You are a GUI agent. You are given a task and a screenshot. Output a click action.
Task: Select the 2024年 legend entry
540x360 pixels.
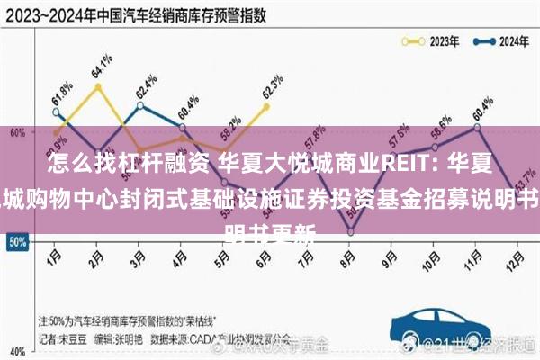[x=499, y=40]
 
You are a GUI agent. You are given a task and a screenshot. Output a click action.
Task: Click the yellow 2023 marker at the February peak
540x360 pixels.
[x=97, y=85]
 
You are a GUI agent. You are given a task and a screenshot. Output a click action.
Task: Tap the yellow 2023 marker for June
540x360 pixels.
[x=266, y=106]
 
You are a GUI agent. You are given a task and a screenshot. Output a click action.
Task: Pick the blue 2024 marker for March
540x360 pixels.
[x=139, y=105]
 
